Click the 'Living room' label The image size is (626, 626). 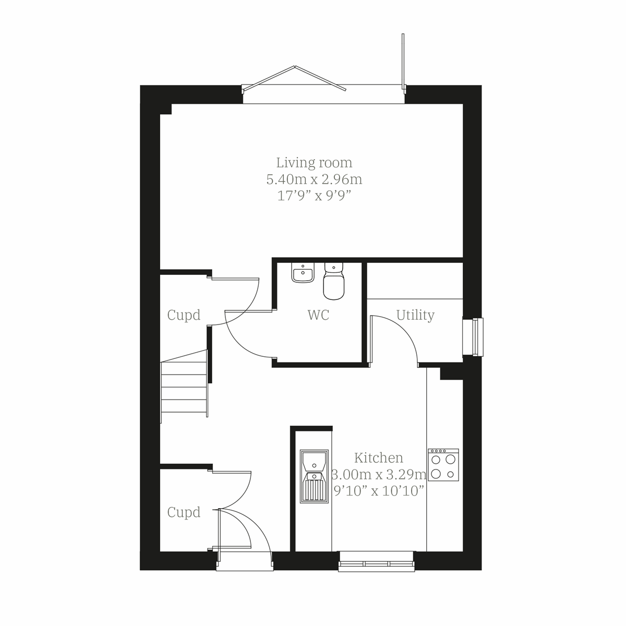pyautogui.click(x=314, y=163)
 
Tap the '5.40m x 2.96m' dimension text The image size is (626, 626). pyautogui.click(x=314, y=179)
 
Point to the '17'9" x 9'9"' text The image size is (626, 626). pyautogui.click(x=314, y=196)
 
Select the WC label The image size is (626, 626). pyautogui.click(x=318, y=315)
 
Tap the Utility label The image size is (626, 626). pyautogui.click(x=415, y=315)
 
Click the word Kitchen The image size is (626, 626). pyautogui.click(x=379, y=458)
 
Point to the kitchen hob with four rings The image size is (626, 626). pyautogui.click(x=443, y=465)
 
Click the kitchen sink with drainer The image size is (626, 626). pyautogui.click(x=314, y=476)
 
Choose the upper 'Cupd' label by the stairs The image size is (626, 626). pyautogui.click(x=184, y=315)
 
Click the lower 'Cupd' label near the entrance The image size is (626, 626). pyautogui.click(x=184, y=512)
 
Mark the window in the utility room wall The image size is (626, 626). pyautogui.click(x=474, y=337)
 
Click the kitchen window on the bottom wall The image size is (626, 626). pyautogui.click(x=377, y=562)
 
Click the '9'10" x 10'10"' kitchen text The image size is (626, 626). pyautogui.click(x=379, y=491)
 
